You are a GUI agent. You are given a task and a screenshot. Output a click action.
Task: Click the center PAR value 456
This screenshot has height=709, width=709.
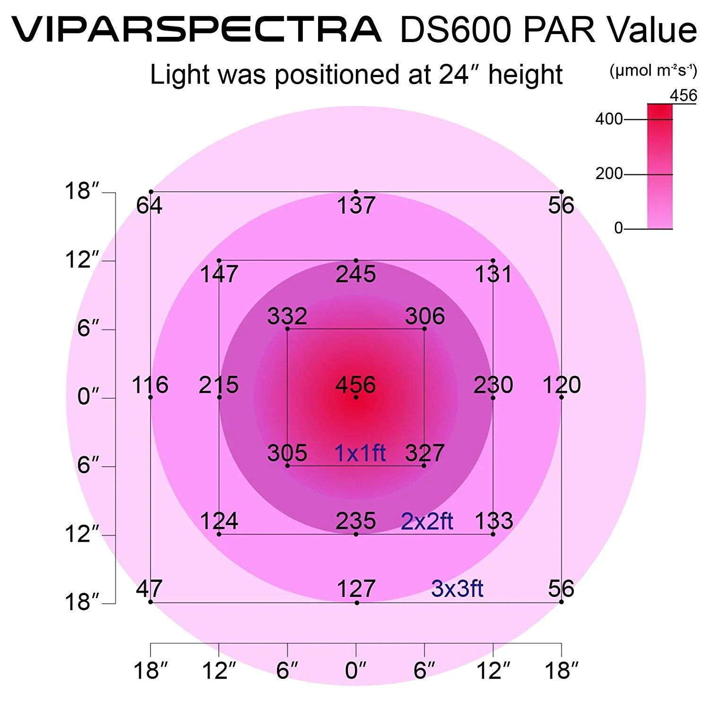[355, 385]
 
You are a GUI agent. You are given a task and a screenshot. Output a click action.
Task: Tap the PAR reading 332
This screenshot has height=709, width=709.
[287, 316]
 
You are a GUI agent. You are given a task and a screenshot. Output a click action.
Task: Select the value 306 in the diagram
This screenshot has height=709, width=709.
[425, 316]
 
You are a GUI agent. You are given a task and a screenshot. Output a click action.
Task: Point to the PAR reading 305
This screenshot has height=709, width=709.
[287, 453]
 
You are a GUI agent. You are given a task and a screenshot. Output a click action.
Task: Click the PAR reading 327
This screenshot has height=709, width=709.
[424, 453]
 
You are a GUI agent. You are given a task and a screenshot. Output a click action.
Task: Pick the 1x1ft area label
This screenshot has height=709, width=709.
[360, 453]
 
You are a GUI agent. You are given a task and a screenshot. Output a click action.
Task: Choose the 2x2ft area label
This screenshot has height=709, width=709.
[427, 522]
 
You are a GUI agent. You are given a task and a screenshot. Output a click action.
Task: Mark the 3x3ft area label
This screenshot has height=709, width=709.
[457, 589]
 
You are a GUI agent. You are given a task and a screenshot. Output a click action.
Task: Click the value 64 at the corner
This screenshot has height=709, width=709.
[149, 206]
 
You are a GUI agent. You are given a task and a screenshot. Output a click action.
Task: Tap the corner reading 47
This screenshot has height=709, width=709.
[149, 589]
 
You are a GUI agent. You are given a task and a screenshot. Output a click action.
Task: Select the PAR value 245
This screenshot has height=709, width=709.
[355, 274]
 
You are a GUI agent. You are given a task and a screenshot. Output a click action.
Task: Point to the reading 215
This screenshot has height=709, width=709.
[218, 385]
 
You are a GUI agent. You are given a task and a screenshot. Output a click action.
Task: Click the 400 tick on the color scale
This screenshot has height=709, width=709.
[609, 119]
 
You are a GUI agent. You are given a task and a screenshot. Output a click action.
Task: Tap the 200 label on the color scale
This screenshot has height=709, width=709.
[609, 174]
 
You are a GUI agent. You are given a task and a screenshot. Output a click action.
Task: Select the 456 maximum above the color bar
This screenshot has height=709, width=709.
[683, 95]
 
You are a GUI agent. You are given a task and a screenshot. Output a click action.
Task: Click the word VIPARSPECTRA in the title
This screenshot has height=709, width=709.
[196, 29]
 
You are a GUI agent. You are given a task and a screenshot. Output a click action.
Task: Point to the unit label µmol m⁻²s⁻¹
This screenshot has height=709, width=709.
[653, 71]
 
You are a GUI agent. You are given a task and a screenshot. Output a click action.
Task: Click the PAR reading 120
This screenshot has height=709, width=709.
[562, 385]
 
